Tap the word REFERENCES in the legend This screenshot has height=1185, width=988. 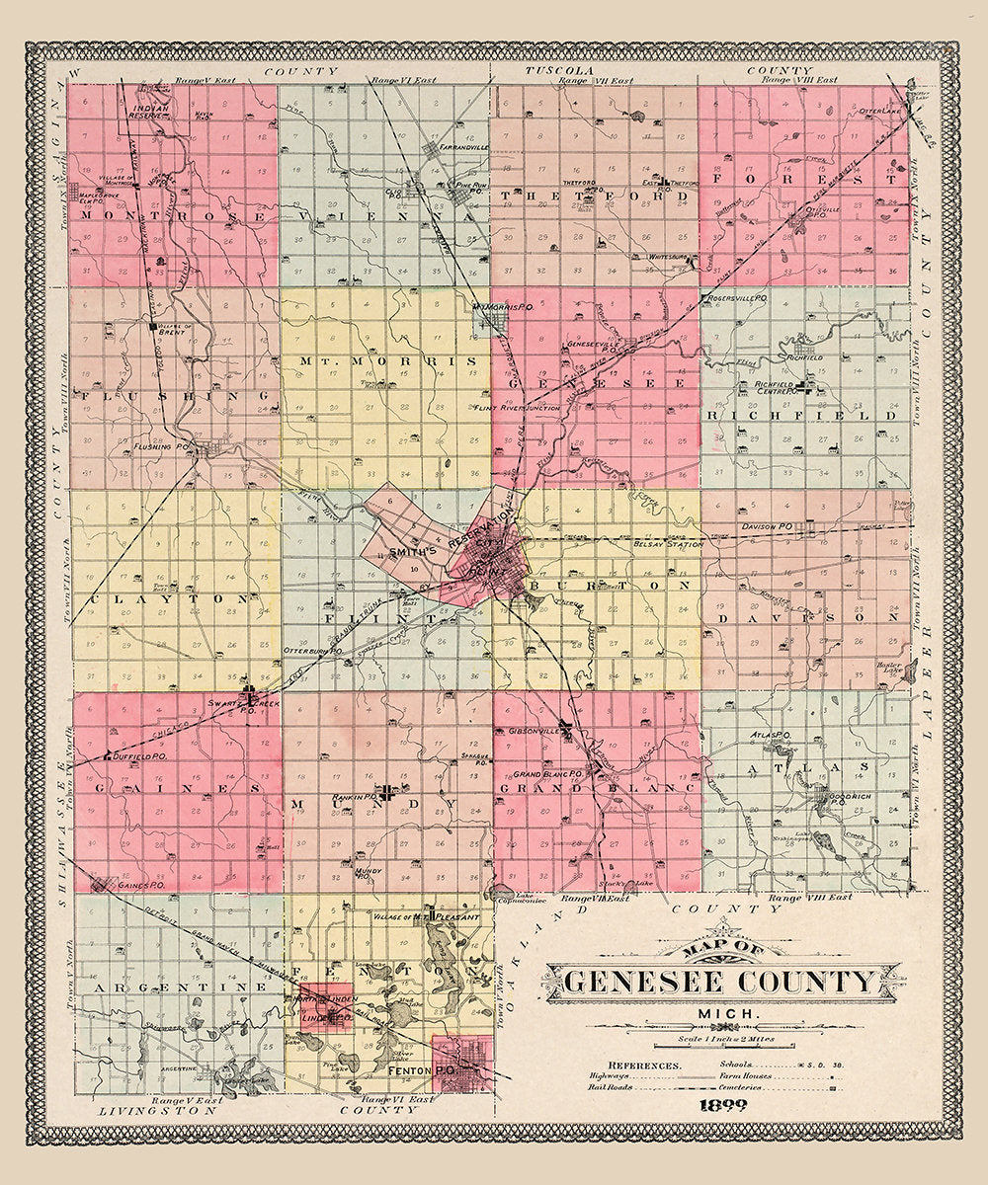[x=645, y=1066]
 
